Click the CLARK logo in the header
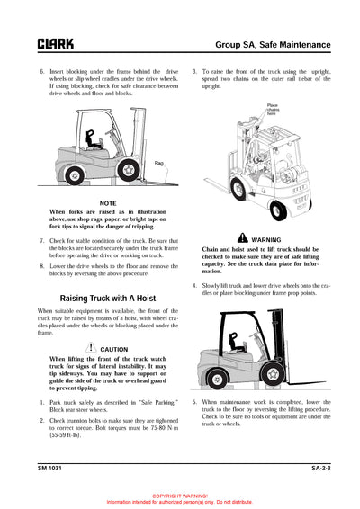(x=56, y=43)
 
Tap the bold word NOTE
(x=108, y=203)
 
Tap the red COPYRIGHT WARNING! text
(x=180, y=496)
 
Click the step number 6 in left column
(x=40, y=69)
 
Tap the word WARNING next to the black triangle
(x=266, y=239)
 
